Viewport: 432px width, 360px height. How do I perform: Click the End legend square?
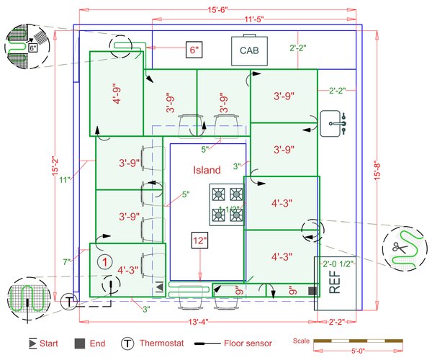pos(80,343)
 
